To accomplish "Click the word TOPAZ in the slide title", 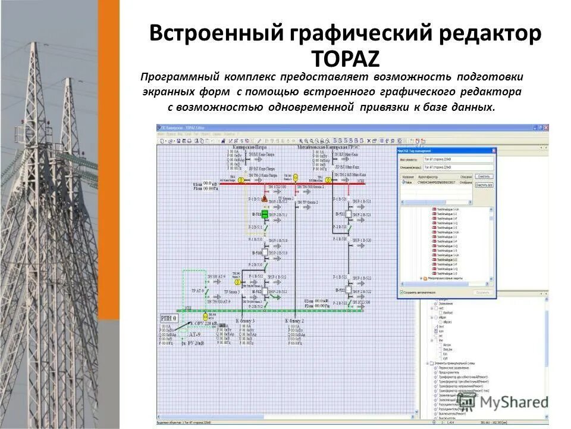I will (x=345, y=59).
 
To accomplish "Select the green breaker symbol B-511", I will (x=264, y=214).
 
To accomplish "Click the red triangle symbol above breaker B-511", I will (x=249, y=197).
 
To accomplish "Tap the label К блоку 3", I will (x=245, y=321).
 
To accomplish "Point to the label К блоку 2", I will (x=294, y=321).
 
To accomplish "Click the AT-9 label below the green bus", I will (x=196, y=335).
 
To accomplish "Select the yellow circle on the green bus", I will (x=206, y=316).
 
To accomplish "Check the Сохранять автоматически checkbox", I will (x=401, y=293).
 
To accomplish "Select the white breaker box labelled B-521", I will (x=339, y=214).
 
